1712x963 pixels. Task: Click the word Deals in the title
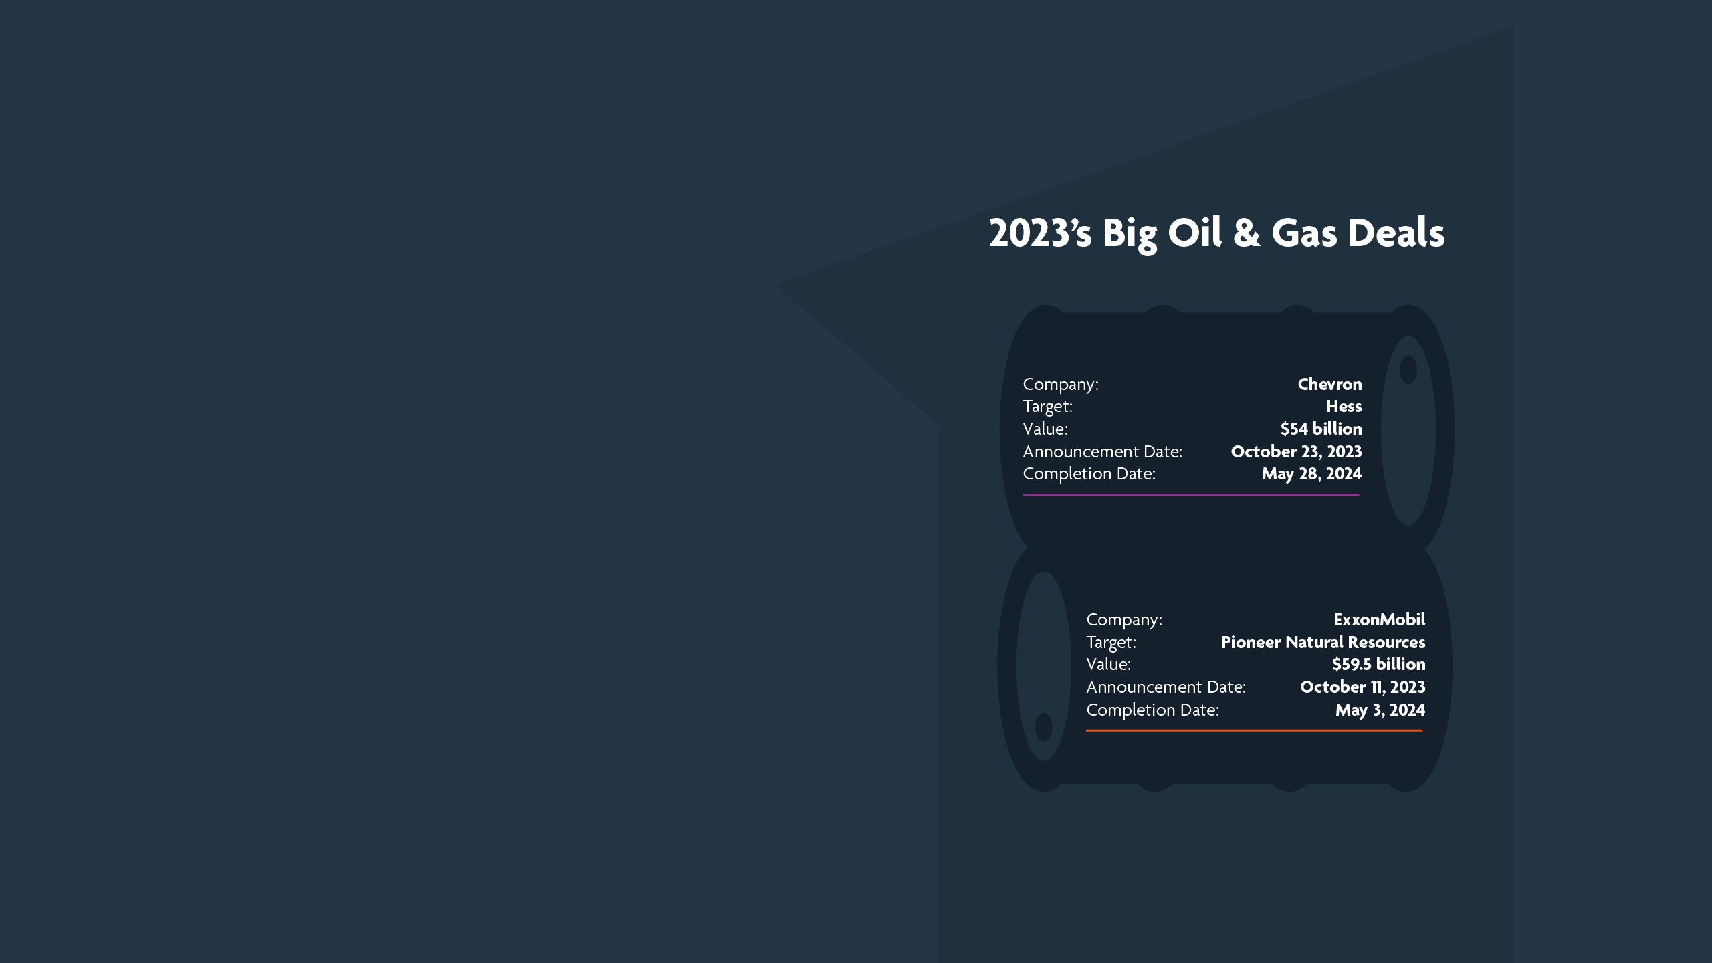[x=1396, y=233]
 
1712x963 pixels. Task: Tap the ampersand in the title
[x=1247, y=233]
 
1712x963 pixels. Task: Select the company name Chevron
[x=1329, y=384]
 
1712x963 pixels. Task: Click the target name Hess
[x=1344, y=406]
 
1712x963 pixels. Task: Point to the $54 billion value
[x=1321, y=429]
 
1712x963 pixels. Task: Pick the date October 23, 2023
[x=1296, y=451]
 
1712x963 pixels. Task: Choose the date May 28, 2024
[x=1311, y=474]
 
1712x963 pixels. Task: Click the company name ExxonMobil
[x=1379, y=619]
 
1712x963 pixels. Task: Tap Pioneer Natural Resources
[x=1323, y=642]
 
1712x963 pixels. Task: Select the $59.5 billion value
[x=1378, y=664]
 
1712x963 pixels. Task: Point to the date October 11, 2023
[x=1362, y=687]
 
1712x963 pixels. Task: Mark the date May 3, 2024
[x=1380, y=710]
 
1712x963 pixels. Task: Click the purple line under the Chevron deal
[x=1190, y=495]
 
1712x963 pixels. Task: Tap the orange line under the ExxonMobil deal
[x=1254, y=731]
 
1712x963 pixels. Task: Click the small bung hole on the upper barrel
[x=1408, y=369]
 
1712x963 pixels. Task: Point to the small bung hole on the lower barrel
[x=1043, y=727]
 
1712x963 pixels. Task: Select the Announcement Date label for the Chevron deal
[x=1102, y=451]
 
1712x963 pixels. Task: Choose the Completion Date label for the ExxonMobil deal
[x=1152, y=710]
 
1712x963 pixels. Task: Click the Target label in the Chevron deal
[x=1047, y=406]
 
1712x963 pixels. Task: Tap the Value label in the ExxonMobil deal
[x=1108, y=664]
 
